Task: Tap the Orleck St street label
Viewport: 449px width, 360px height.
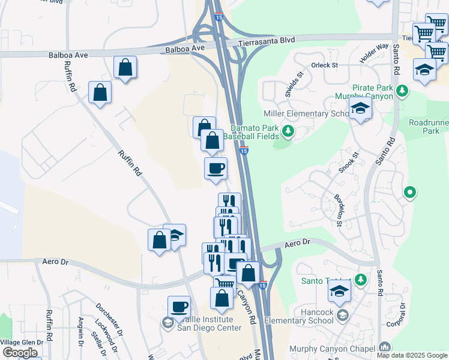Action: tap(324, 65)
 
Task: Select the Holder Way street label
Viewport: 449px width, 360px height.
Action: tap(375, 53)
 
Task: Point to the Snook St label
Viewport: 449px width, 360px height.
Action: tap(348, 163)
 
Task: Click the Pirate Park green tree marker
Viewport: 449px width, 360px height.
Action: tap(402, 91)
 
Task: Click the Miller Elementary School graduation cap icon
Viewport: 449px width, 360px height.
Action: tap(361, 109)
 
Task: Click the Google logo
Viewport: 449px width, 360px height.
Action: tap(20, 353)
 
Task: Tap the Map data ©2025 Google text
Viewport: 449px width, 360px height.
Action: tap(411, 355)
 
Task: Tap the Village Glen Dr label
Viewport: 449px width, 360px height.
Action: tap(21, 342)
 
